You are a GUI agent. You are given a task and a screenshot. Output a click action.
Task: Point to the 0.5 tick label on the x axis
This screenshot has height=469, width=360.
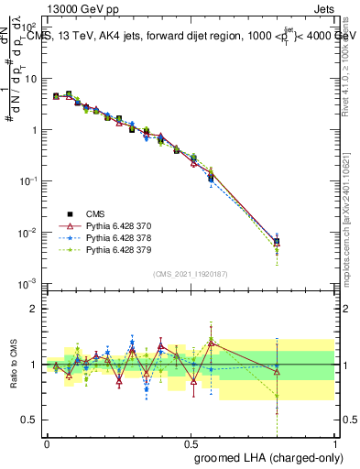point(191,443)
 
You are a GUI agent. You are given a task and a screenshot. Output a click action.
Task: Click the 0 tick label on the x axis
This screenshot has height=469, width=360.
point(47,443)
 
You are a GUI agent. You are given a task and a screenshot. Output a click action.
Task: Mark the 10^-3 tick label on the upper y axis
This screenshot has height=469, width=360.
point(27,284)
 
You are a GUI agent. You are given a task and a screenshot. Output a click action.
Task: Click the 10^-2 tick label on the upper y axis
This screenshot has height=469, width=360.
point(27,233)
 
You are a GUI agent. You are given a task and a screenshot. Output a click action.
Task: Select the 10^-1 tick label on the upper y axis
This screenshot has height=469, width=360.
point(27,181)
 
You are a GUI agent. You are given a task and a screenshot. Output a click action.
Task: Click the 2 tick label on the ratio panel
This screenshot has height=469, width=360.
point(33,309)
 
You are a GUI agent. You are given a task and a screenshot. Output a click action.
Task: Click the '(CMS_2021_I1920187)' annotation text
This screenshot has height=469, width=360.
point(191,273)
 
